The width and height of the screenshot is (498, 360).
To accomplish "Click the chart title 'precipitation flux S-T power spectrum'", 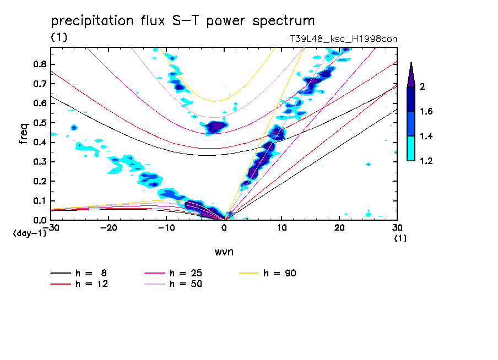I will (x=182, y=21).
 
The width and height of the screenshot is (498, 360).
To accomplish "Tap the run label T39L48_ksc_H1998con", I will (x=343, y=39).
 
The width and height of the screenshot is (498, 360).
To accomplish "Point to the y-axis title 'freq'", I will (x=24, y=134).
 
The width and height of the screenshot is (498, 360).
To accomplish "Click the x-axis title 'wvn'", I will (x=224, y=252).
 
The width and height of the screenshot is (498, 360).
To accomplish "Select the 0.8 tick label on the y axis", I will (x=39, y=64).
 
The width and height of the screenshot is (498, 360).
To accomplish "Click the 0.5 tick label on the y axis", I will (x=39, y=123).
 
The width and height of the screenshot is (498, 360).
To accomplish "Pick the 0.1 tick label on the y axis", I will (x=39, y=201).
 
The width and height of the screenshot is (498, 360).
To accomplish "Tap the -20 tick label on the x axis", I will (x=109, y=227).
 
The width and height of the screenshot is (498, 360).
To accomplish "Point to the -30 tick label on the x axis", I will (x=51, y=227).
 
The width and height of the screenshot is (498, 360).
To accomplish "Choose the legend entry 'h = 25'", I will (x=186, y=273).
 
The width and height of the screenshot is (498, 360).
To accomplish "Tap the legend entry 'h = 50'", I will (x=186, y=283).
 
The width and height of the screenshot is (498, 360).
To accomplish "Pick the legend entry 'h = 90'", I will (x=280, y=273).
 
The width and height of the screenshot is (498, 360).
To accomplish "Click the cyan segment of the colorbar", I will (x=411, y=148).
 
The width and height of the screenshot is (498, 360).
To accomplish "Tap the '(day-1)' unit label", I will (x=29, y=233).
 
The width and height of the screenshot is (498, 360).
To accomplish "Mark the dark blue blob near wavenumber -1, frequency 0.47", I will (x=216, y=127).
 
